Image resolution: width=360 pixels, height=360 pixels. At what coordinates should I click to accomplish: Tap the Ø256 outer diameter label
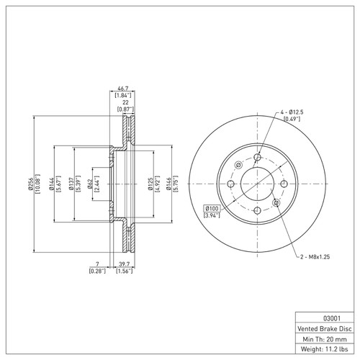point(26,185)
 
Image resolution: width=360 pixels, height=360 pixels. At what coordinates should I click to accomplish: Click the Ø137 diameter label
point(71,185)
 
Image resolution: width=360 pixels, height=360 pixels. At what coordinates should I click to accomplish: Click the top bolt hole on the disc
point(258,158)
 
